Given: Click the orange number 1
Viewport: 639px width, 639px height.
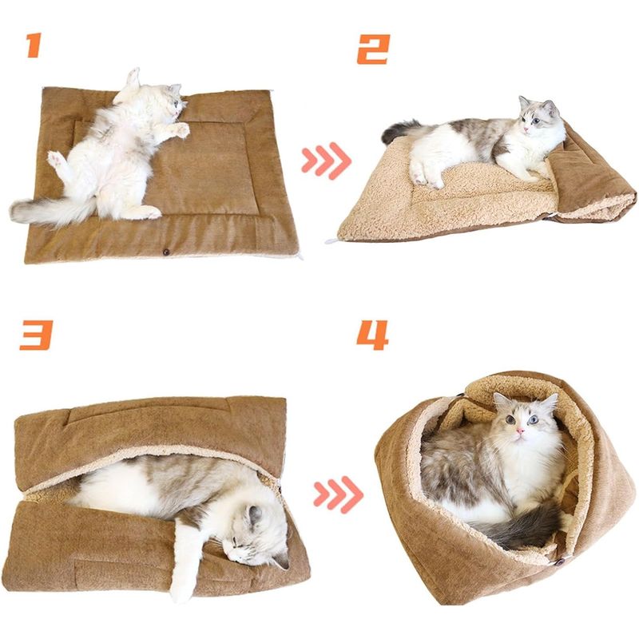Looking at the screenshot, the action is (x=34, y=46).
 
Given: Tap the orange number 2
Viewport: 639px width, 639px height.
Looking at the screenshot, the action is (x=373, y=50).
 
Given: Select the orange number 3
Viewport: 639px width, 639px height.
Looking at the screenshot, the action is (x=36, y=335).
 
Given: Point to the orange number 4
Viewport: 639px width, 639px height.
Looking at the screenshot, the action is (x=372, y=335).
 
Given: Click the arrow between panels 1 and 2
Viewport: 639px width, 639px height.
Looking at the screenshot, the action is (x=326, y=161).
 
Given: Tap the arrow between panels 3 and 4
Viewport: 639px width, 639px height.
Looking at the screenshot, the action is (x=338, y=494).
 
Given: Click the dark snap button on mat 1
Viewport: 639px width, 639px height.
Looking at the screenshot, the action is (x=166, y=252).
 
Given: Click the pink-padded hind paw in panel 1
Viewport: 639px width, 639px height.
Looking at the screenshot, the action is (x=55, y=159).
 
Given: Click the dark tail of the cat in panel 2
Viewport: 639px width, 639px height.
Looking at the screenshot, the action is (x=399, y=129).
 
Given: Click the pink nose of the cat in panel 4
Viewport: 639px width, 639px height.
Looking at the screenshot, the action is (x=520, y=431).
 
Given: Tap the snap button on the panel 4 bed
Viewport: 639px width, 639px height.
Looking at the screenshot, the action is (x=560, y=562).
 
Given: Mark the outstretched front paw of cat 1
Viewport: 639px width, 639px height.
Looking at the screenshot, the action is (x=179, y=129).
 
